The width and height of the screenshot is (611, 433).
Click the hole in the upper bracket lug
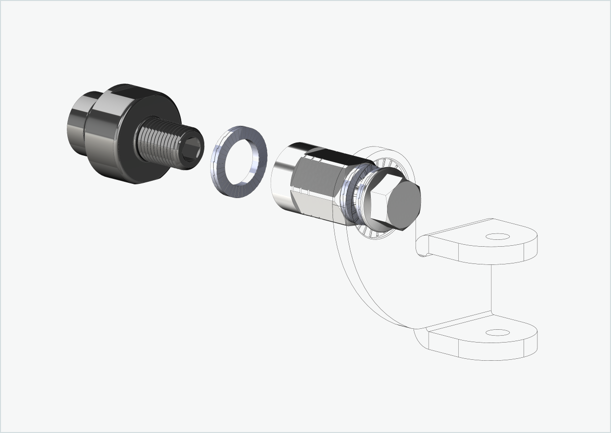[497, 236]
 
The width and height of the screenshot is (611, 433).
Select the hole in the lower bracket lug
[497, 333]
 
